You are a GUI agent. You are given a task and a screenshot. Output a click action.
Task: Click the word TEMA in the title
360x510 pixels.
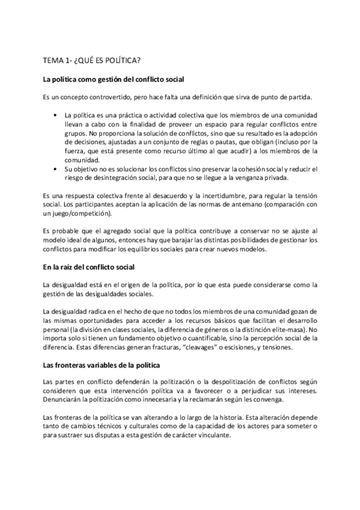[x=53, y=60]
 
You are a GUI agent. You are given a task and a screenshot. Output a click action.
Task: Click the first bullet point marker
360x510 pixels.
[x=55, y=114]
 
